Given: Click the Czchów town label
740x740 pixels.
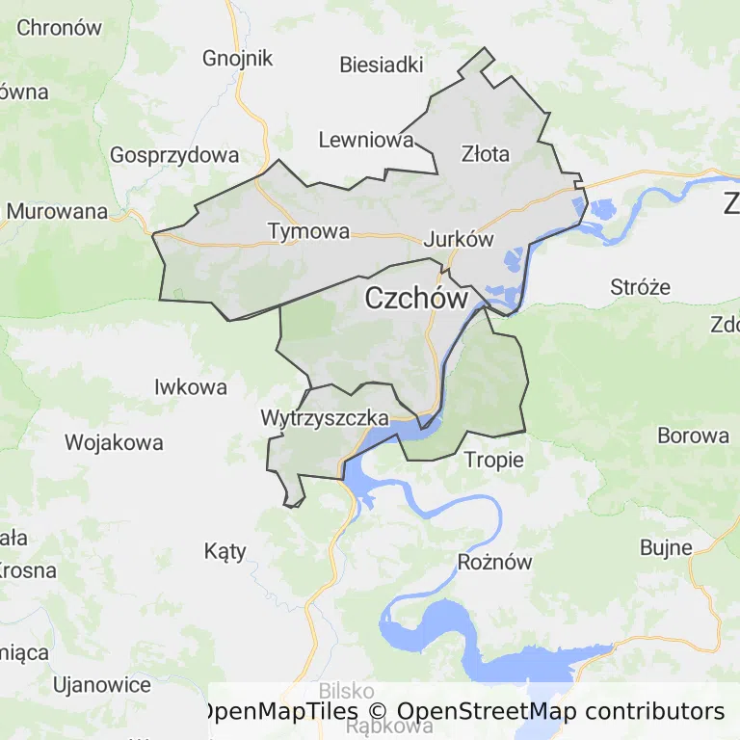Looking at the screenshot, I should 416,299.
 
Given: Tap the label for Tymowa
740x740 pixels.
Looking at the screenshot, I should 308,231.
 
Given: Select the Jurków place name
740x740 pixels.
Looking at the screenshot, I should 459,240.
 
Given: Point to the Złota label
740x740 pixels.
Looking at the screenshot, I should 486,153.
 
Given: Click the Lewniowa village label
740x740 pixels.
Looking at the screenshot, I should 366,141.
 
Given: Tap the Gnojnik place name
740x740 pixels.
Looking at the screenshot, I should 238,58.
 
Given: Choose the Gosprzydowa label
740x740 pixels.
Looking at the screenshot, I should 174,155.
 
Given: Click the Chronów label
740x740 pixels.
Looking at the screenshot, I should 60,28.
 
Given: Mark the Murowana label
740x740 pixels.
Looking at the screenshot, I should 58,211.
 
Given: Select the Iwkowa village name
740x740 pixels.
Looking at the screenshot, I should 191,387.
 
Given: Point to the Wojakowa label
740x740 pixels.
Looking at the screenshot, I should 114,443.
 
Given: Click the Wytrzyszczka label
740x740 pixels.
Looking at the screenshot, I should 325,418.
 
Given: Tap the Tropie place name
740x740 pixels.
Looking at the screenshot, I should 494,460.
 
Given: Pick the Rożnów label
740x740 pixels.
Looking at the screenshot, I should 494,564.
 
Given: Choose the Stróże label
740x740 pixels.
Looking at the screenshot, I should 641,287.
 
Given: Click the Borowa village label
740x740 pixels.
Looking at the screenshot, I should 694,436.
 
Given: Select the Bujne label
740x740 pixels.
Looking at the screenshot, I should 667,548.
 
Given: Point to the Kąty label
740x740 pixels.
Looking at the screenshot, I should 225,552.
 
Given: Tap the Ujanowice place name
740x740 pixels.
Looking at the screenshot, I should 103,686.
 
